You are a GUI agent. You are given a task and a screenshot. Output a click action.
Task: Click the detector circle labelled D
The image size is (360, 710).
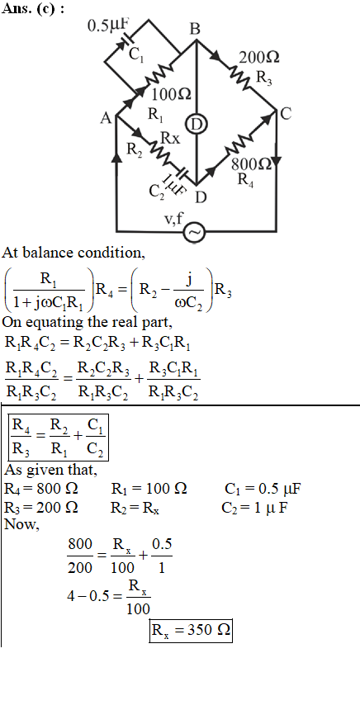pyautogui.click(x=197, y=124)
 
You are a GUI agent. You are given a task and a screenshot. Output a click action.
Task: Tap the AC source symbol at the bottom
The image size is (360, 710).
pyautogui.click(x=195, y=232)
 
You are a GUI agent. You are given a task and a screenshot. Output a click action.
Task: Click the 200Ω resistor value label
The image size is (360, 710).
pyautogui.click(x=259, y=58)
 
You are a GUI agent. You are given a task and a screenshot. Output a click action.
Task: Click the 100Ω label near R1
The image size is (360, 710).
pyautogui.click(x=171, y=95)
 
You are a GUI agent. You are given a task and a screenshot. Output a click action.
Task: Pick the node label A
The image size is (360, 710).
pyautogui.click(x=106, y=118)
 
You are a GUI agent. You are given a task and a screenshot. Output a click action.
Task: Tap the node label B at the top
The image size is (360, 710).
pyautogui.click(x=195, y=30)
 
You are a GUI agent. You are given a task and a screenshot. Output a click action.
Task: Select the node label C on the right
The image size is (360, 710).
pyautogui.click(x=286, y=114)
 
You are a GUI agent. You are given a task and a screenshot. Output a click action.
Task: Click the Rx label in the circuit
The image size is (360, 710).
pyautogui.click(x=170, y=139)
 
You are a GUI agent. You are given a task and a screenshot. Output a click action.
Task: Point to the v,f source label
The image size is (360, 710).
pyautogui.click(x=173, y=219)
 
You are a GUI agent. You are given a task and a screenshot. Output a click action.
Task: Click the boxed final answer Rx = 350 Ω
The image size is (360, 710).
pyautogui.click(x=191, y=630)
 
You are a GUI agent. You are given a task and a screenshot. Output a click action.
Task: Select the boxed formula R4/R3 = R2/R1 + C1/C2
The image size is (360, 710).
pyautogui.click(x=59, y=437)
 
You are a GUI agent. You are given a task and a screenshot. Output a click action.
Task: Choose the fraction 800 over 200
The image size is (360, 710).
pyautogui.click(x=80, y=556)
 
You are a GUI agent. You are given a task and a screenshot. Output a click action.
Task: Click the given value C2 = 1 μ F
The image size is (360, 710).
pyautogui.click(x=254, y=508)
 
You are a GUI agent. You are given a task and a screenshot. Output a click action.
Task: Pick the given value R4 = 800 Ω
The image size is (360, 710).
pyautogui.click(x=40, y=489)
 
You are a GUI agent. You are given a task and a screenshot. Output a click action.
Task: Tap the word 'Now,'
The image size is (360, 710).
pyautogui.click(x=21, y=525)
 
